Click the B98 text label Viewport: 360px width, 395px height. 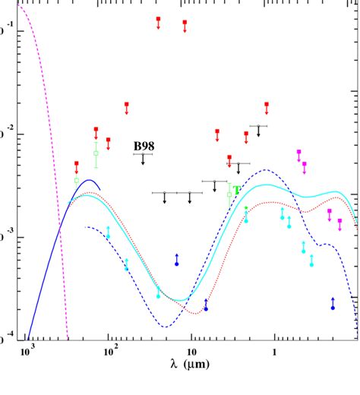(146, 146)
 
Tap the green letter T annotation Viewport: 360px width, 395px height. (237, 190)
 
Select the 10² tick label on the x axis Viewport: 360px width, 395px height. (109, 352)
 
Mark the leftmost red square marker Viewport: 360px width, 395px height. (77, 163)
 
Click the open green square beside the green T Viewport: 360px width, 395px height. (229, 194)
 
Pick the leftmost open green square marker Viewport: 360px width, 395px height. (77, 179)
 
